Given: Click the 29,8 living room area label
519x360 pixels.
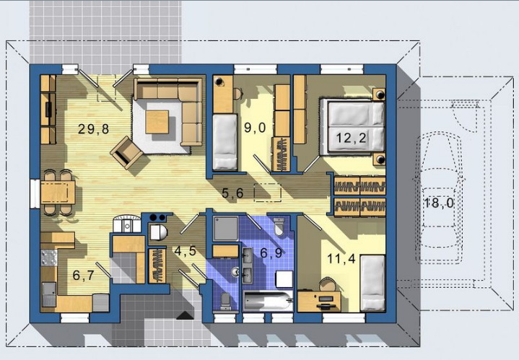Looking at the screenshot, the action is (93, 128).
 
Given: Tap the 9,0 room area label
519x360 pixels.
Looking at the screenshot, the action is (255, 127).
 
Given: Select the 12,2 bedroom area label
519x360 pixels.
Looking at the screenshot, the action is (351, 137).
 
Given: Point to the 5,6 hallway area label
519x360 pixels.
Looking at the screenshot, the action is (232, 193).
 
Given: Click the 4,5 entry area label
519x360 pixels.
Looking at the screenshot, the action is (186, 251).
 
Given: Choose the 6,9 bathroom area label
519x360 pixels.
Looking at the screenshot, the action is (271, 253).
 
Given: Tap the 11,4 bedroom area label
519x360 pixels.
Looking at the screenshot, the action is (341, 258).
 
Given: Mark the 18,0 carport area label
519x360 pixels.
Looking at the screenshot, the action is (439, 203).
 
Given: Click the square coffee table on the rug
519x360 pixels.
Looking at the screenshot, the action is (157, 122).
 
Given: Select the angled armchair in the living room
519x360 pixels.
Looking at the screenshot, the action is (126, 152).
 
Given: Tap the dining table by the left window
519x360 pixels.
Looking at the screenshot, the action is (58, 192).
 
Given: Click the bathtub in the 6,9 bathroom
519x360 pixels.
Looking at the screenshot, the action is (268, 301).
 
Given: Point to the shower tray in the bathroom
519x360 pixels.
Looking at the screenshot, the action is (225, 228).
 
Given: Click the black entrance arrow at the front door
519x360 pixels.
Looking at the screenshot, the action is (186, 315).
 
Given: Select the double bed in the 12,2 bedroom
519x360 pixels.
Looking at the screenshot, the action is (352, 128).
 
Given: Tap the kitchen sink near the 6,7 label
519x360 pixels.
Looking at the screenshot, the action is (49, 294).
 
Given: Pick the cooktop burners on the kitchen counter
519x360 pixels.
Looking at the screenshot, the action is (48, 258).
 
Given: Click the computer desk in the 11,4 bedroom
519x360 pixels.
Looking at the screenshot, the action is (319, 301).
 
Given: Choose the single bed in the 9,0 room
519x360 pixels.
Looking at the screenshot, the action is (225, 142).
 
